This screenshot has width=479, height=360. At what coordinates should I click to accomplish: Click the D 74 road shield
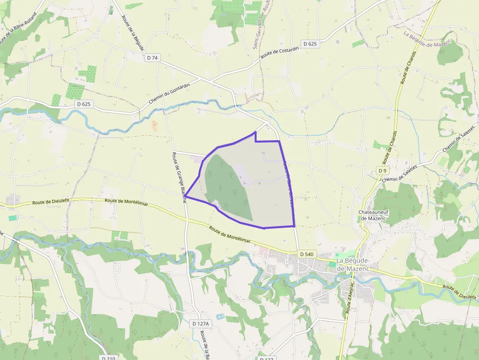click(x=152, y=58)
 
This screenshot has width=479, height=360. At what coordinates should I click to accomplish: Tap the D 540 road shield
click(x=306, y=254)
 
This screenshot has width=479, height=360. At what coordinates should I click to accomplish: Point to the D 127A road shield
click(x=200, y=324)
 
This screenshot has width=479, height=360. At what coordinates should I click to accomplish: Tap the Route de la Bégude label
click(x=133, y=33)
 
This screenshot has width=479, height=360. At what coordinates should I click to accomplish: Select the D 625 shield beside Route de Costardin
click(x=310, y=44)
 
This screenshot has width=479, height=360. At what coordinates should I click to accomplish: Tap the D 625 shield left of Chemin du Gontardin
click(x=84, y=104)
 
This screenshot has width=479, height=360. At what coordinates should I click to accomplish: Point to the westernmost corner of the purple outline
click(x=185, y=196)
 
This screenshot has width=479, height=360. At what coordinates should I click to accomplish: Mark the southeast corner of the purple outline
click(x=294, y=226)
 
